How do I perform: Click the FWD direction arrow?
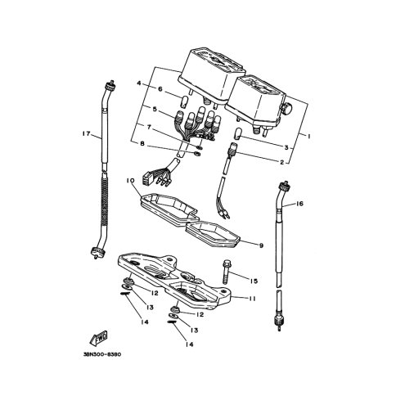[x=99, y=338]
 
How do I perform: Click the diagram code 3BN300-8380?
[x=102, y=354]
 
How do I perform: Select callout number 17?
[x=86, y=133]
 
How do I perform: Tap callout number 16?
[x=299, y=204]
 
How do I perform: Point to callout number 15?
[x=254, y=281]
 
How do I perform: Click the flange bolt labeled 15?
[x=226, y=272]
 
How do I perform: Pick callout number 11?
[x=252, y=299]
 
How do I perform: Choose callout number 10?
[x=130, y=181]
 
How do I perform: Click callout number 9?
[x=261, y=245]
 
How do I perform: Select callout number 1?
[x=309, y=137]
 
